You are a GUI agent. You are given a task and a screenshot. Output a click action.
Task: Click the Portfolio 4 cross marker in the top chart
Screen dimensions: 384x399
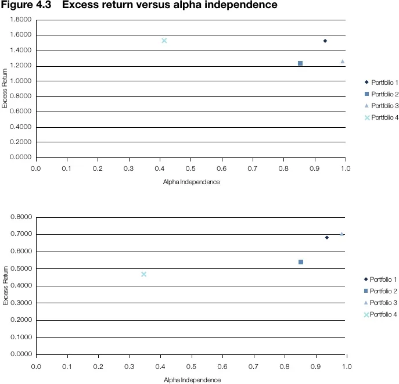164,41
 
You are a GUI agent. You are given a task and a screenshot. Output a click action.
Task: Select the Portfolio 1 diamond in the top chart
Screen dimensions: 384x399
325,41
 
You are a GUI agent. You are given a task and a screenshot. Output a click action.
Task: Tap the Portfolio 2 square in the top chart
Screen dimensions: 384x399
300,63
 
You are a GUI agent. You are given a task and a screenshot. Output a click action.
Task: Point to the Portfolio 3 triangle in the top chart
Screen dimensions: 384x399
343,61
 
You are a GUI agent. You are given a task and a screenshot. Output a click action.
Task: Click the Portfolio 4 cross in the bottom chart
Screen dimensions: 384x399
143,274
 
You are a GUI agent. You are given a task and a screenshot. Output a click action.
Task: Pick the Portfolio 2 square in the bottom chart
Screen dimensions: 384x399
301,262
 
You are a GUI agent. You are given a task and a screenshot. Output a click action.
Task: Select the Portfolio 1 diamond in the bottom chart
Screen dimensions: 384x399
327,237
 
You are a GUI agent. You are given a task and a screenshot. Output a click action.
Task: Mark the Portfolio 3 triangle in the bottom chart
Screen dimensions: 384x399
342,234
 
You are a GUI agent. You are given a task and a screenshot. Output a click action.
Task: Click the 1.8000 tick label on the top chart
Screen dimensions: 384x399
21,20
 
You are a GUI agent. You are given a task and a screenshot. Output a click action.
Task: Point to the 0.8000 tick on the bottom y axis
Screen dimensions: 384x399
21,217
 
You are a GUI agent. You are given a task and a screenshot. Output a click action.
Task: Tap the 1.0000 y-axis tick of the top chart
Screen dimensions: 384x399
21,81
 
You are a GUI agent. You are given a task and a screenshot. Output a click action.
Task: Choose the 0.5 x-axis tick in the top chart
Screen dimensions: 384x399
191,168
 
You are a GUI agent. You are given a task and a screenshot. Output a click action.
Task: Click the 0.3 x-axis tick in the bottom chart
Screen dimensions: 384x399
129,367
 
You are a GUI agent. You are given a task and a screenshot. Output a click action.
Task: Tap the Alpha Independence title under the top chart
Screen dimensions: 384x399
191,182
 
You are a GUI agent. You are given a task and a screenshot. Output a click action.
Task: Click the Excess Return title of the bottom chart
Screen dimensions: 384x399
5,285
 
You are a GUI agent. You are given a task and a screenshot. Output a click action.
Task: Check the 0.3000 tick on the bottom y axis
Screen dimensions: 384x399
21,303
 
